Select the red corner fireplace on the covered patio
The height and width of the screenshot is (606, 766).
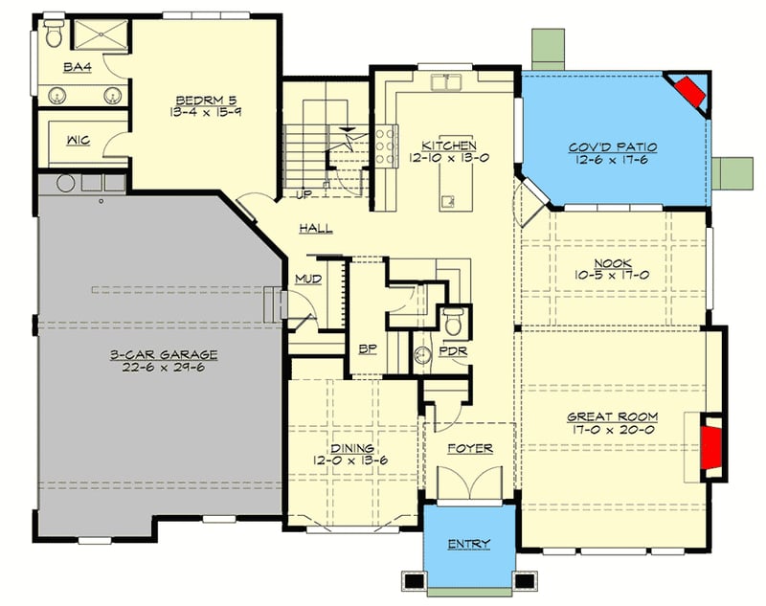(x=687, y=92)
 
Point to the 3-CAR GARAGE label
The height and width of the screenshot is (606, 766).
(x=163, y=354)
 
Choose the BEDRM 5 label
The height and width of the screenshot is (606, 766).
(x=200, y=100)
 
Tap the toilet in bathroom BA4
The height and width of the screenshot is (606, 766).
(x=55, y=37)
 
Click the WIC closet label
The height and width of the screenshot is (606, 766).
(x=78, y=141)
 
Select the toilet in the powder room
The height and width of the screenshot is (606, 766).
(x=453, y=321)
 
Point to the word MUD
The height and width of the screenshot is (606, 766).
(x=307, y=280)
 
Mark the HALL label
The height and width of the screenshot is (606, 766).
(x=315, y=228)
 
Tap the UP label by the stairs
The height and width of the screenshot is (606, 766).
(x=304, y=195)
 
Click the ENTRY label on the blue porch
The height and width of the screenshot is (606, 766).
(x=469, y=545)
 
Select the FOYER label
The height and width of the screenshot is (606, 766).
(x=470, y=448)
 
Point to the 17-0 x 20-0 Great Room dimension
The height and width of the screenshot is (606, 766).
(x=611, y=430)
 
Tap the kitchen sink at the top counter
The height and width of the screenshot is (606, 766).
(x=443, y=83)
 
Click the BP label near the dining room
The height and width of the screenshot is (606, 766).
(x=366, y=350)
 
